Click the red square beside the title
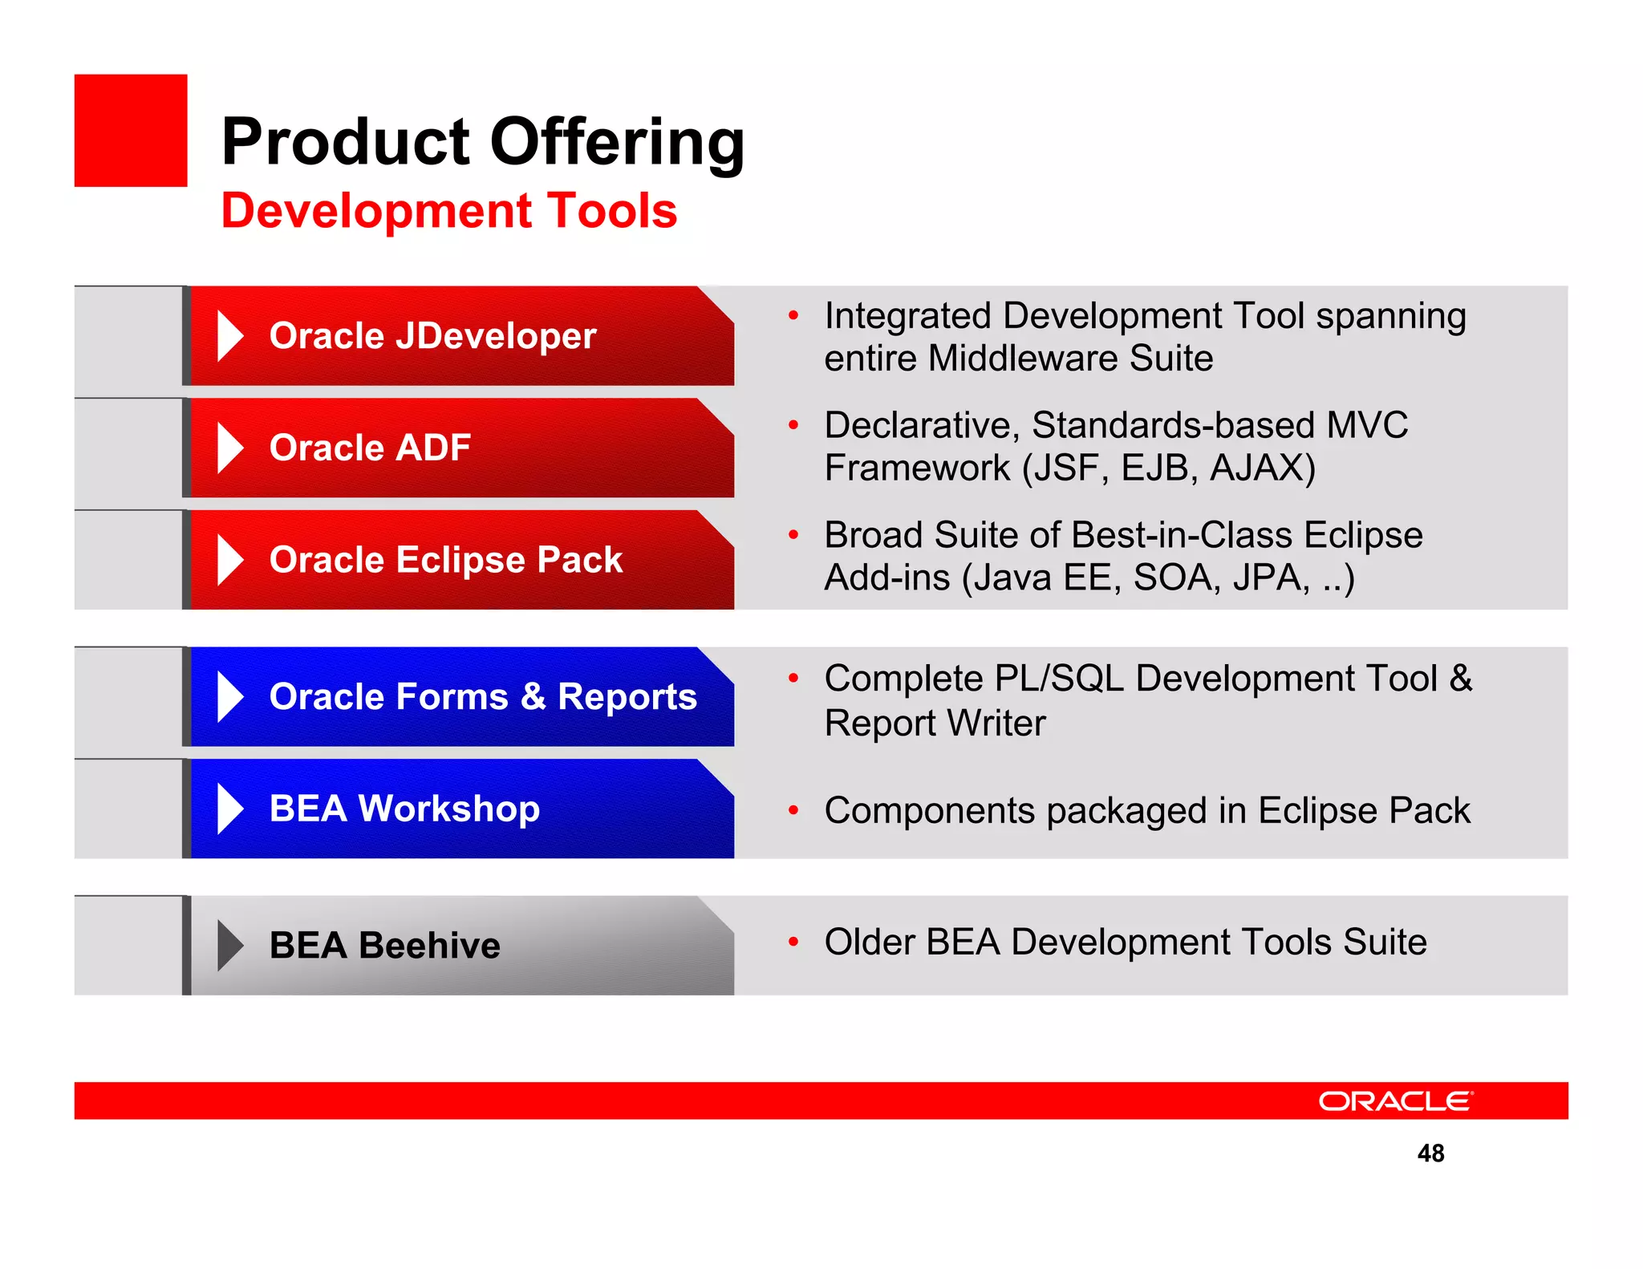point(131,131)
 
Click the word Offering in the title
point(617,142)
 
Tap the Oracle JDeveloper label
point(432,336)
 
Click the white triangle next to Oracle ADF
point(229,448)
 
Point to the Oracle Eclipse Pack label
point(445,560)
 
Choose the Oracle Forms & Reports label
point(483,696)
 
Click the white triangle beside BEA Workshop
point(229,809)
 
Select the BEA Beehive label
point(384,945)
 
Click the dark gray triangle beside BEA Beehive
point(229,946)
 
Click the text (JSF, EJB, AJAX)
point(1169,468)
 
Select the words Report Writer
point(935,724)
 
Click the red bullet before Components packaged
point(793,811)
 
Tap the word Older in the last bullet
point(869,943)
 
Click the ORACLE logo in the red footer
point(1395,1101)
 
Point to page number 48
point(1430,1153)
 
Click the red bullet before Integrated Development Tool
point(793,316)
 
